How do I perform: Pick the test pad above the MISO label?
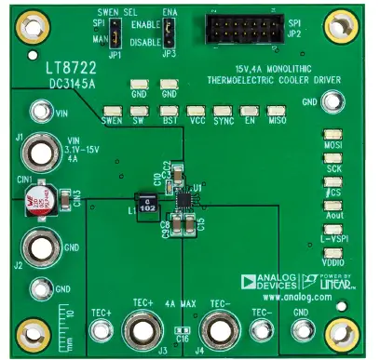coord(276,109)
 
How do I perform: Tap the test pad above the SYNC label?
coord(223,109)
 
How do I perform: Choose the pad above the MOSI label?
coord(332,136)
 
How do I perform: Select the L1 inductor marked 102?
coord(146,203)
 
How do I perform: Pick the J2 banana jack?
coord(40,247)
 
